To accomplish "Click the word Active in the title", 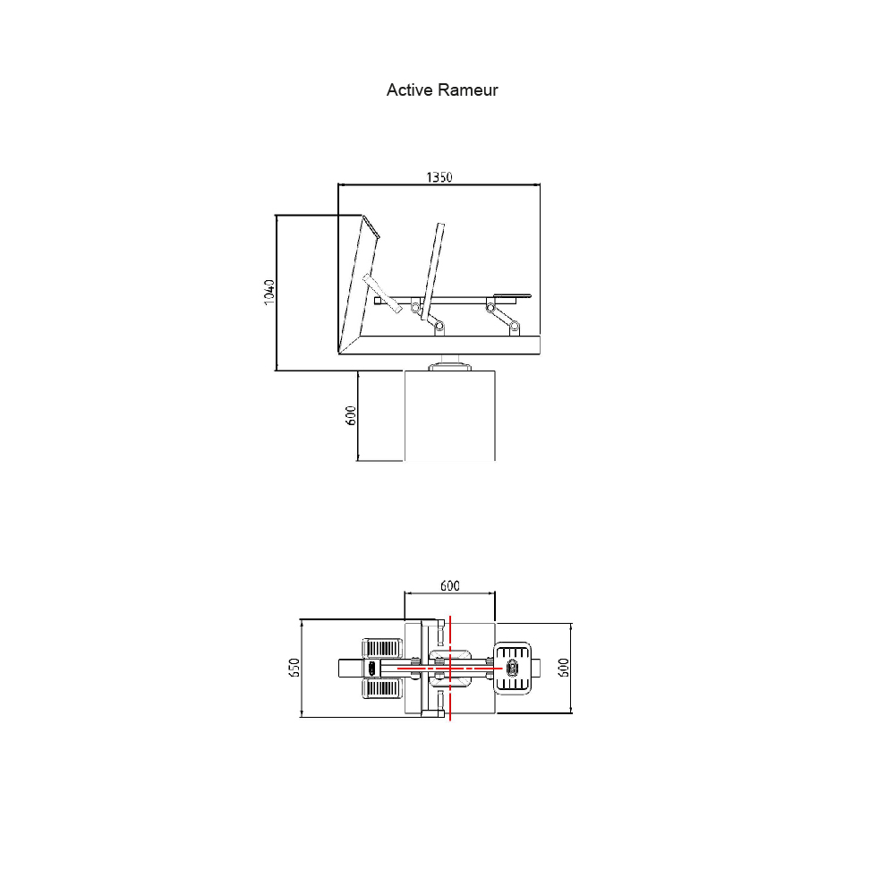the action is [x=409, y=90].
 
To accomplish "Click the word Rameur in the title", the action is [x=468, y=90].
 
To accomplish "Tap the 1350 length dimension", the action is [x=439, y=177].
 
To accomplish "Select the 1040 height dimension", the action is [x=270, y=293].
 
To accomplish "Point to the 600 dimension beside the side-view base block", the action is [x=351, y=415].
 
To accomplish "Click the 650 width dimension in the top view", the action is [x=294, y=668].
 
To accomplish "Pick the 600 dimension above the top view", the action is [x=450, y=585].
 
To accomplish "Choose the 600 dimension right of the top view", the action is [x=563, y=668].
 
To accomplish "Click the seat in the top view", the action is [x=513, y=668].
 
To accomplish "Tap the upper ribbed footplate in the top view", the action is [x=382, y=648].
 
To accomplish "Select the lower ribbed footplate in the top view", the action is [x=382, y=687].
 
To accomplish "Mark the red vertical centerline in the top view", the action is [x=450, y=668].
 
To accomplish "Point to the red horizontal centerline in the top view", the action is [x=449, y=668].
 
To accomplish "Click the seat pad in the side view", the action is [x=512, y=296].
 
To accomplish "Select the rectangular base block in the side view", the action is [x=450, y=415].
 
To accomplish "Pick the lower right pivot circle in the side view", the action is [x=515, y=327].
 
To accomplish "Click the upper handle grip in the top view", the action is [x=440, y=634].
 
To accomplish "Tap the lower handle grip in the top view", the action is [x=440, y=702].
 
